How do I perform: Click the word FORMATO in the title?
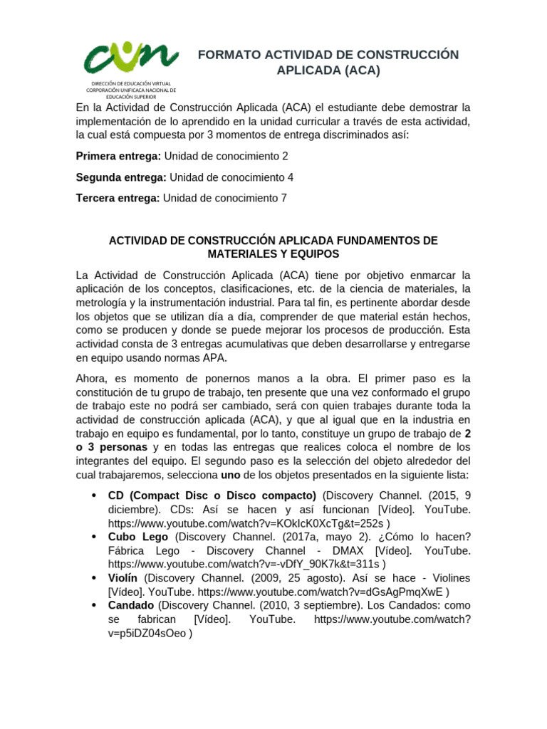[227, 56]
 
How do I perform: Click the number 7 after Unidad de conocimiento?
[285, 199]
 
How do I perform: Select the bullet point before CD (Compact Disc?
[94, 496]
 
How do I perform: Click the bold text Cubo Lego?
[138, 537]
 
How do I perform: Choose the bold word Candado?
[131, 605]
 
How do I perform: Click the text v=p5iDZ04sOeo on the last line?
[146, 632]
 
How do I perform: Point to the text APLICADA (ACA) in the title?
[328, 70]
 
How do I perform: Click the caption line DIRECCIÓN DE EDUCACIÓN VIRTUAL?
[130, 84]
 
